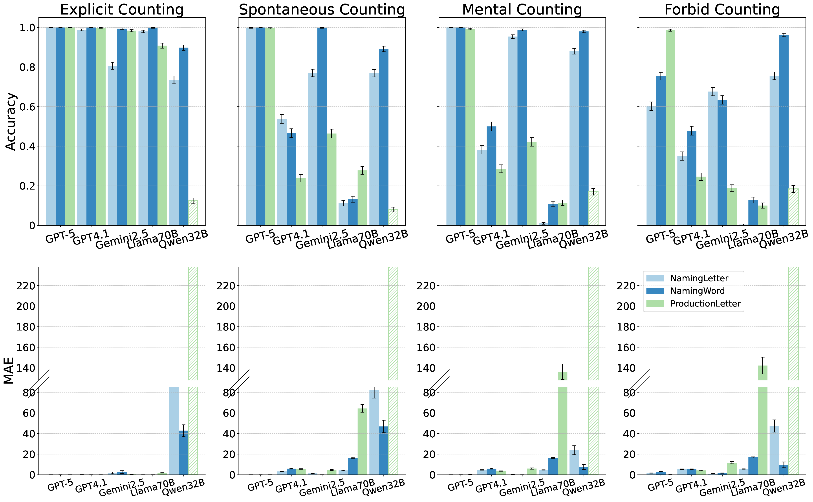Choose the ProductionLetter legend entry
(705, 303)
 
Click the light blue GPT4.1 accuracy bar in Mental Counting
(482, 188)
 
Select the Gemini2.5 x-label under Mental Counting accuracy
(522, 239)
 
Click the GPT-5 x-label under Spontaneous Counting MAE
(260, 486)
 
